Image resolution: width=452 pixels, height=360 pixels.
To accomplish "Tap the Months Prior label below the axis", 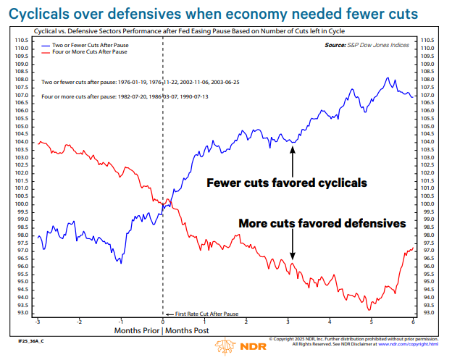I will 136,330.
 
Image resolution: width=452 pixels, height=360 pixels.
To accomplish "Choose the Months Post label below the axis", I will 189,330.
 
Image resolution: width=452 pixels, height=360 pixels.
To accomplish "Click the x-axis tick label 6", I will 412,321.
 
